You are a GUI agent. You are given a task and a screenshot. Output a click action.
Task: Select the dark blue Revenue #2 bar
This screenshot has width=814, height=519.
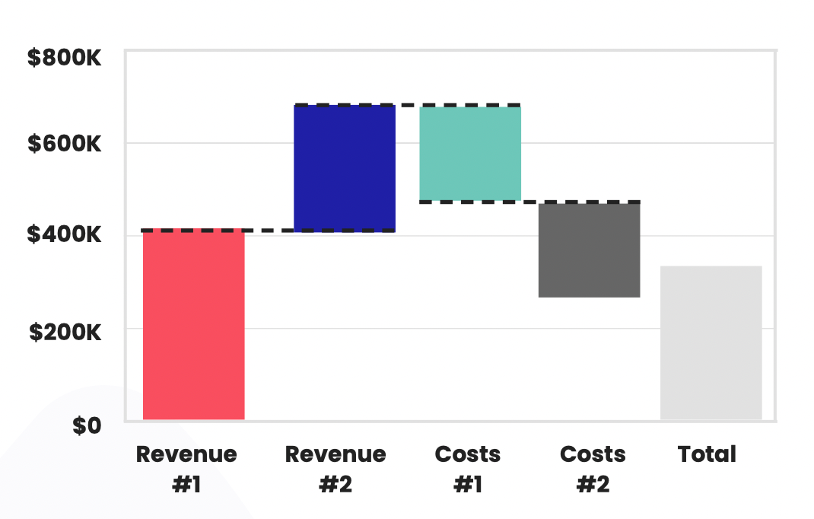pos(345,168)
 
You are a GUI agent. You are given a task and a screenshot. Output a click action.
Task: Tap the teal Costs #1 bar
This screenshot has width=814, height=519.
pos(470,154)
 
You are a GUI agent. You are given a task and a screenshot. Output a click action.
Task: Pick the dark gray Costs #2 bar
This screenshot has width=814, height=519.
pos(589,250)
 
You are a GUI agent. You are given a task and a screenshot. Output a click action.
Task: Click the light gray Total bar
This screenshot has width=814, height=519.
pos(711,342)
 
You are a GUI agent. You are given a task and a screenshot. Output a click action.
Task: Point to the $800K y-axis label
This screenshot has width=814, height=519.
pos(64,58)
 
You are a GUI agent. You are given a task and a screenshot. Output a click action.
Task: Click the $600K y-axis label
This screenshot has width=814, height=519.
pos(64,143)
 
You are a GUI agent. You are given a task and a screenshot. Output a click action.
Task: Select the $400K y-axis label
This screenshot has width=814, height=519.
pos(64,235)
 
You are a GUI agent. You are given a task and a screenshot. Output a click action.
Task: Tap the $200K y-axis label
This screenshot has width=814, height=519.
pos(64,332)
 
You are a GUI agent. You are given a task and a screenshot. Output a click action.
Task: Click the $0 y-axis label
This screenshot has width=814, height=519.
pos(86,425)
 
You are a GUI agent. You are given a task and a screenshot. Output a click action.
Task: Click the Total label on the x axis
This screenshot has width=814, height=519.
pos(707,454)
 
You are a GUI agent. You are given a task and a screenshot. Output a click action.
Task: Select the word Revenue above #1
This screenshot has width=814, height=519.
pos(186,454)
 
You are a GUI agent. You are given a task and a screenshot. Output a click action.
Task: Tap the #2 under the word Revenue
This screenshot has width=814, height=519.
pos(335,485)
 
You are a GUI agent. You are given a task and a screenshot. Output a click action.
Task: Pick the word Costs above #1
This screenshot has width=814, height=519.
pos(468,454)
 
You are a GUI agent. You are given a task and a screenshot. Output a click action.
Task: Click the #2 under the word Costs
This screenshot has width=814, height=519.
pos(593,485)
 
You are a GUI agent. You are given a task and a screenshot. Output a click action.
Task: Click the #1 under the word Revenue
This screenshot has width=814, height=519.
pos(186,485)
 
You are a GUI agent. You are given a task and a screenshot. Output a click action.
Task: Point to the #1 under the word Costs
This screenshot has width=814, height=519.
pos(468,485)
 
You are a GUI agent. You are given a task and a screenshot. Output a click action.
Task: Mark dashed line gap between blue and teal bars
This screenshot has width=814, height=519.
pos(408,105)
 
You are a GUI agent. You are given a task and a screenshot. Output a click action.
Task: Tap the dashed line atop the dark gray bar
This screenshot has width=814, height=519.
pos(589,202)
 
